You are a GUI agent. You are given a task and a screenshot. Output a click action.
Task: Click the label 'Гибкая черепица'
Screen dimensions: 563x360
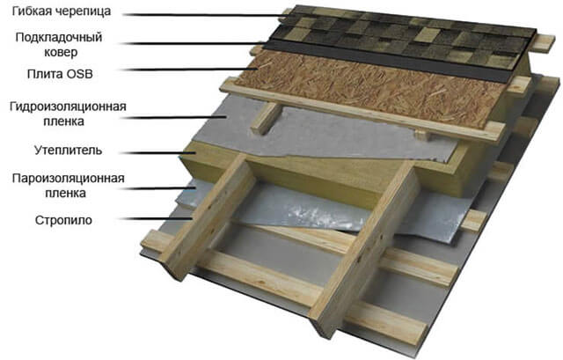coord(62,11)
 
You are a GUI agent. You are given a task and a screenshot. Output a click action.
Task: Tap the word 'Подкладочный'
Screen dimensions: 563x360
coord(59,37)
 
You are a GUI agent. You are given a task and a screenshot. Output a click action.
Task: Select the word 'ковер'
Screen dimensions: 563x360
coord(61,52)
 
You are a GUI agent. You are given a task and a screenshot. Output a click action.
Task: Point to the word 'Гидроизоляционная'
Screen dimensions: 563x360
coord(68,107)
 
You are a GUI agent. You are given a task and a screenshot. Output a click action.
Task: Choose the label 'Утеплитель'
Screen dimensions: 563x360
coord(69,151)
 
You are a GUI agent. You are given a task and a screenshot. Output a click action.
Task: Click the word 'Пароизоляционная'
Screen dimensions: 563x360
coord(69,179)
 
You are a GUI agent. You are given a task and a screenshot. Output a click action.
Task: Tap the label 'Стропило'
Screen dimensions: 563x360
coord(63,220)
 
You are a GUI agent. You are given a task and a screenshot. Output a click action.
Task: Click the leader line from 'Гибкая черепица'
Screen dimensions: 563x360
coord(205,15)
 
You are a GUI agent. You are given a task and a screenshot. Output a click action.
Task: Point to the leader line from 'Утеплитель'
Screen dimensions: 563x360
coord(157,152)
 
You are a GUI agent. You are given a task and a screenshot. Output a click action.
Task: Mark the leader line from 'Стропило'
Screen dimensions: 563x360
coord(157,218)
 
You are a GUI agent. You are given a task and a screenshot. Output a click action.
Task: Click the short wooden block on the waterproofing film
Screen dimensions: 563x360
coord(266,119)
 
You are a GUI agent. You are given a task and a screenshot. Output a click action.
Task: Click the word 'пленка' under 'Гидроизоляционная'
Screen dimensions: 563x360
coord(64,121)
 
